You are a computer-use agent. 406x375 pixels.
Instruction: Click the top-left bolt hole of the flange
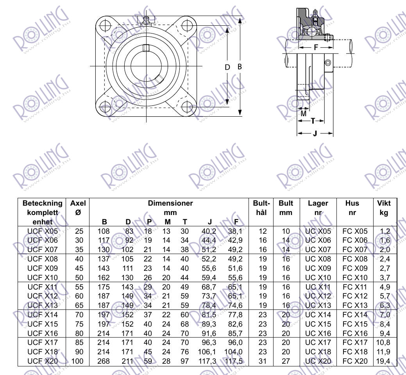[106, 26]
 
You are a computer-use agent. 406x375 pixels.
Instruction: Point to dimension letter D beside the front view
[227, 67]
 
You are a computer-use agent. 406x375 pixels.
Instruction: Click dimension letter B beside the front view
[240, 67]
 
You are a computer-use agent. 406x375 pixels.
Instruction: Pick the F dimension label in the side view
[316, 47]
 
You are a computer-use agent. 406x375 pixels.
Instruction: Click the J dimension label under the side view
[315, 133]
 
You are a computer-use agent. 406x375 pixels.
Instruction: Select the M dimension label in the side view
[304, 114]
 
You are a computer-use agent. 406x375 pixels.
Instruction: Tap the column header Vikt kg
[384, 208]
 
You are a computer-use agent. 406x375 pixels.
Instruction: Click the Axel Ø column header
[78, 208]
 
